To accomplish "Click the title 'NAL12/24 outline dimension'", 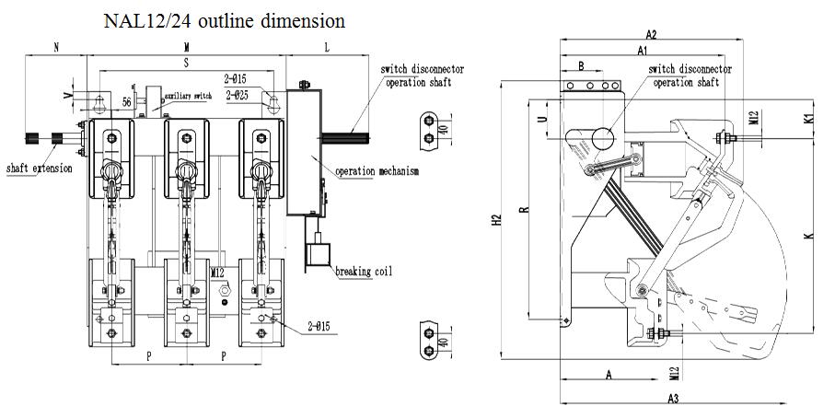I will (x=226, y=19).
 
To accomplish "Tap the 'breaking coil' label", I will (x=364, y=271).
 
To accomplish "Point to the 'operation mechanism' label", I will (x=377, y=171).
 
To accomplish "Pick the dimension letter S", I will (x=186, y=63).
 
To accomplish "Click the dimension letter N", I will (x=57, y=45).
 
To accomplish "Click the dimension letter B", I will (x=581, y=65).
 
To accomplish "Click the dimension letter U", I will (x=540, y=119).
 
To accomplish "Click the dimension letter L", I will (x=329, y=45).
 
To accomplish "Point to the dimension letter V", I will (x=66, y=95).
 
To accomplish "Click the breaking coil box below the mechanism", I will (x=319, y=251).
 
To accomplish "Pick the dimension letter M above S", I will (x=188, y=45).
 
